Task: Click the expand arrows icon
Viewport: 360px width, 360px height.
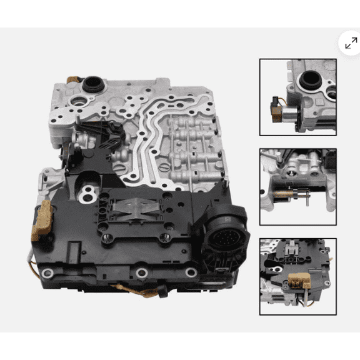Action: (x=351, y=42)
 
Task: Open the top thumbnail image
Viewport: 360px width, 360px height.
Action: (x=297, y=97)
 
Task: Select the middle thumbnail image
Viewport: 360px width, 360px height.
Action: (x=297, y=187)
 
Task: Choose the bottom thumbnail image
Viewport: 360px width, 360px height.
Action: (x=297, y=276)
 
